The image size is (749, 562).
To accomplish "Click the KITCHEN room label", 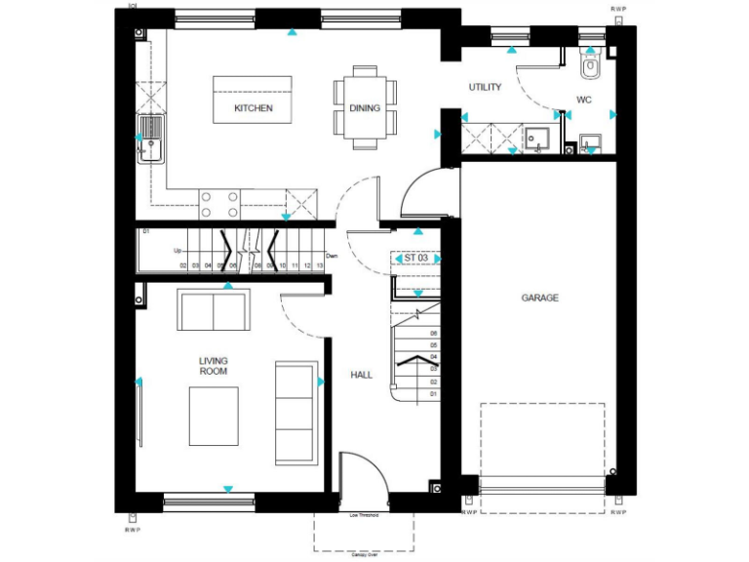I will click(253, 108).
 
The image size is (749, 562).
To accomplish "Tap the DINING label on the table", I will click(365, 108).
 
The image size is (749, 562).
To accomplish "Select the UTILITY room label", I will click(485, 88).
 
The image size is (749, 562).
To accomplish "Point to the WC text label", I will click(584, 100).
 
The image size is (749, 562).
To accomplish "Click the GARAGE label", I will click(539, 298).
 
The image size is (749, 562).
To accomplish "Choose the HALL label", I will click(362, 375).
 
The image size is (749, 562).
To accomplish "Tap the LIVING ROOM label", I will click(213, 366).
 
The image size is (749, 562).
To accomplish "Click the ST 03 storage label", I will click(416, 259).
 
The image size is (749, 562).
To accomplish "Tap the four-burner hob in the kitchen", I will click(220, 204).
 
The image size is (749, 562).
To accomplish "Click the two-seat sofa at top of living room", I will click(214, 310).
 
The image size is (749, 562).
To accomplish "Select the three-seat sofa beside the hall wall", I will click(291, 412).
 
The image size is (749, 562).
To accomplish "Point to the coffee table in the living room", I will click(213, 415).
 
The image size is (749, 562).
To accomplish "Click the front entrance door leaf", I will click(341, 482).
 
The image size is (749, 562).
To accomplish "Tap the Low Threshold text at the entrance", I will click(364, 515).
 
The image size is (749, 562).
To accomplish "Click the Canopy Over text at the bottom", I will click(364, 556).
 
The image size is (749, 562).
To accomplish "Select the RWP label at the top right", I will click(618, 8).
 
